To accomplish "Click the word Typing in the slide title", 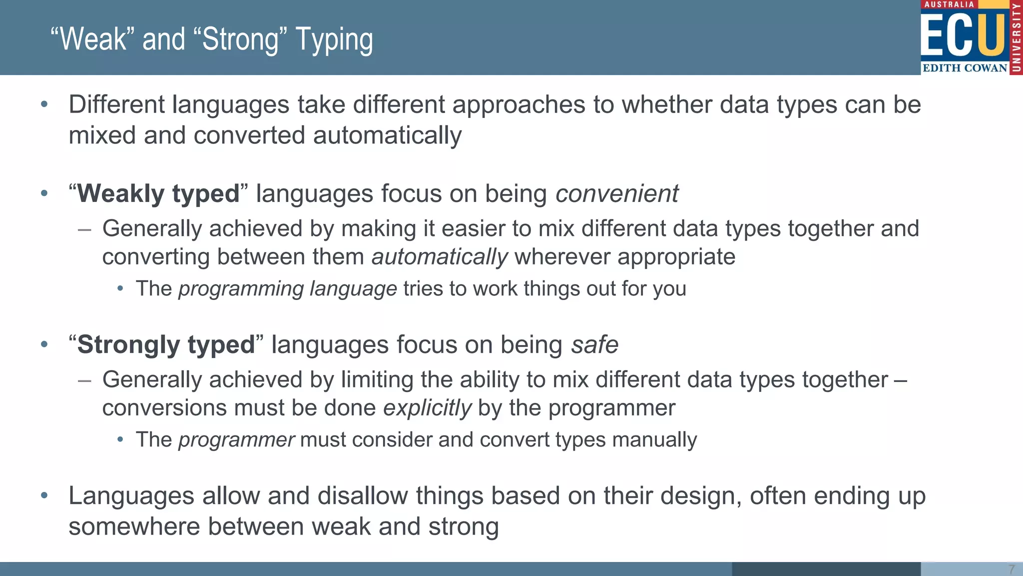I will [x=334, y=40].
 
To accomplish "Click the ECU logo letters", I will [x=963, y=35].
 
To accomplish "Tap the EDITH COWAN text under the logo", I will [x=965, y=68].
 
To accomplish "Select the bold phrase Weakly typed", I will [x=158, y=193].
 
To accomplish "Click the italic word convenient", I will [x=617, y=193].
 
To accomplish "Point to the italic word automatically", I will [x=440, y=257].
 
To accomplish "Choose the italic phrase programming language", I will [x=288, y=289].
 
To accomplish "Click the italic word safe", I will [x=594, y=345].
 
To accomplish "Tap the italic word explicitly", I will [x=427, y=408].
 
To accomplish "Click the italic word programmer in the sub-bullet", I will [x=236, y=440].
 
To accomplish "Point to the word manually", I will [x=654, y=440].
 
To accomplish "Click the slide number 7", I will [x=1011, y=569].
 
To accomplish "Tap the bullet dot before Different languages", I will [x=44, y=104].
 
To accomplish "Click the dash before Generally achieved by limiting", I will [x=84, y=380].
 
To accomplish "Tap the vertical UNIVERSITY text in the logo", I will [x=1016, y=37].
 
